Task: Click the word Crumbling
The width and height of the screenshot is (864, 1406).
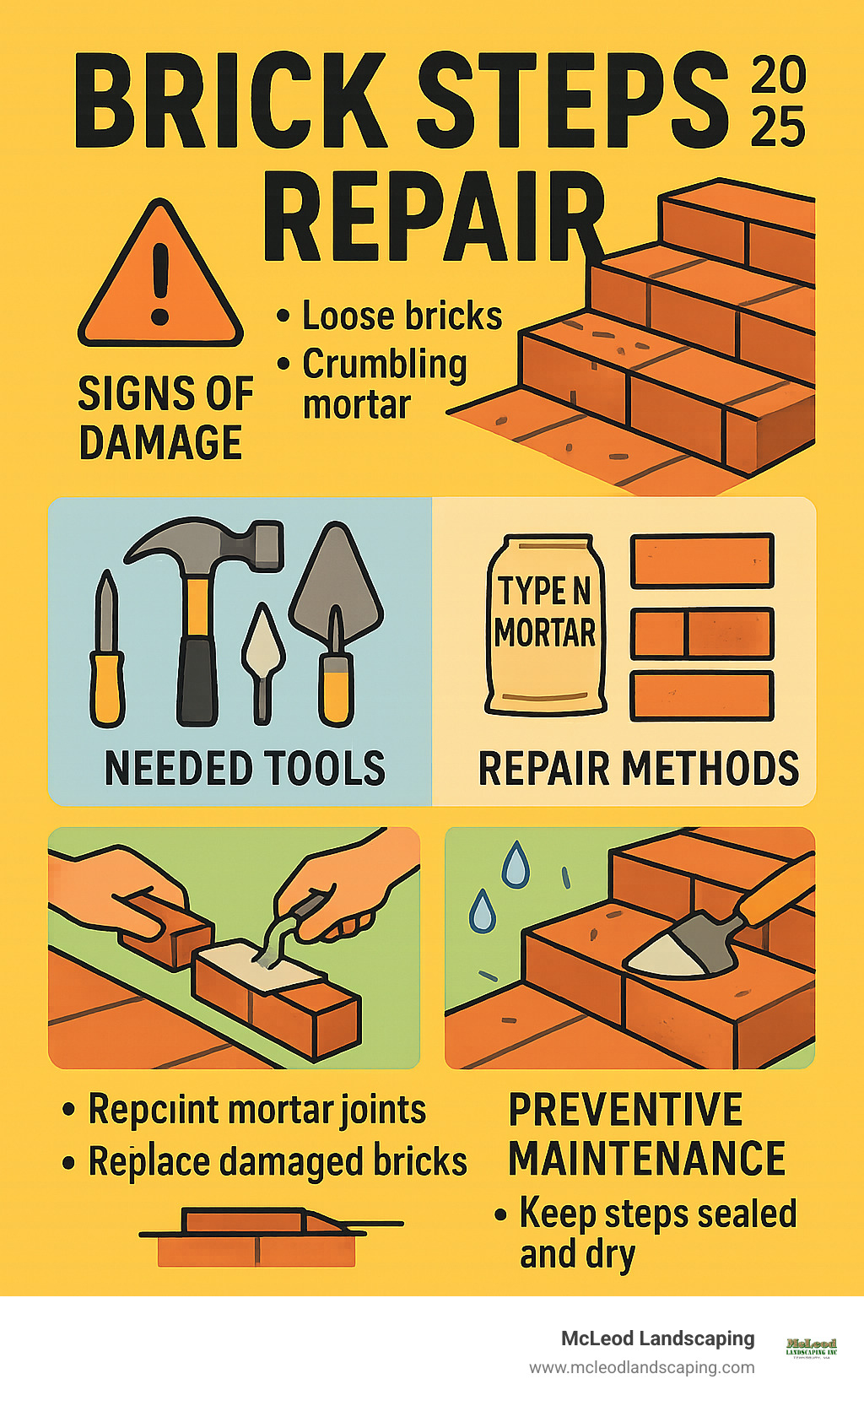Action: point(384,365)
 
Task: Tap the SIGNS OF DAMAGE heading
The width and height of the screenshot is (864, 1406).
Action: point(165,419)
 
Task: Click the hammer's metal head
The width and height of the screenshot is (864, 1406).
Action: point(207,548)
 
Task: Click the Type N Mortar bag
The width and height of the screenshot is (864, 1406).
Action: point(545,625)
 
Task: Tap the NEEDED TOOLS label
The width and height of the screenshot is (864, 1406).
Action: point(245,768)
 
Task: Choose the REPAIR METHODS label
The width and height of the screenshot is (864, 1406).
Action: point(639,769)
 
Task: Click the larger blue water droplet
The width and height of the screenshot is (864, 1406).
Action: point(516,865)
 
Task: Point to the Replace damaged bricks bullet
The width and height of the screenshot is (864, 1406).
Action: point(277,1161)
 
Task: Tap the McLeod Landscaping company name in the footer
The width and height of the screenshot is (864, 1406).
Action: point(657,1338)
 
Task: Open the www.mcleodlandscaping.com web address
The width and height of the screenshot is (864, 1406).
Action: point(641,1367)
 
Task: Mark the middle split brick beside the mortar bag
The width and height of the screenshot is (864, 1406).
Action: point(702,634)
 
